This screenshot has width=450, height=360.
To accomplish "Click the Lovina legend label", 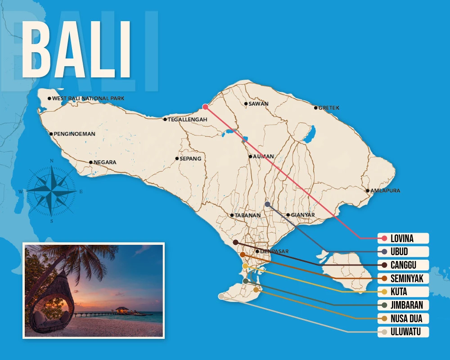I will click(x=403, y=238).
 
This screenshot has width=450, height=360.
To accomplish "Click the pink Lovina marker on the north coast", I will click(x=205, y=107).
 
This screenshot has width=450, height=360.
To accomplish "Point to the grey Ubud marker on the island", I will click(x=267, y=204).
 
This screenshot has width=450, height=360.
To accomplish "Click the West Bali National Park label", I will click(x=88, y=98).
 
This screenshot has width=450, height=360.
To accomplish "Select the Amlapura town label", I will click(x=385, y=191).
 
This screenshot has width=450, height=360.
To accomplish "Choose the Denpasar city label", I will click(x=274, y=252).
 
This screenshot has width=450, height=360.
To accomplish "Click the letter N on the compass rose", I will click(x=52, y=161).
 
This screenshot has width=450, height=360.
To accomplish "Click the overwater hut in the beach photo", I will click(x=121, y=310).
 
